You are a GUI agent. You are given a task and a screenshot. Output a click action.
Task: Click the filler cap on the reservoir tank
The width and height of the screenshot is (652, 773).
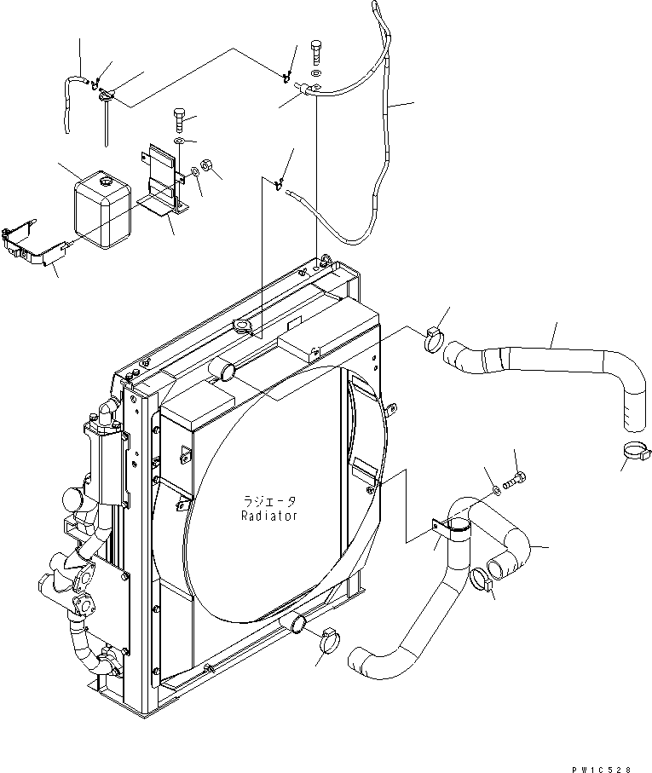pos(106,182)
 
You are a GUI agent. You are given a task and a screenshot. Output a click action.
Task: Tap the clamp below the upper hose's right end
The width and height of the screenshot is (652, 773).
pos(631,453)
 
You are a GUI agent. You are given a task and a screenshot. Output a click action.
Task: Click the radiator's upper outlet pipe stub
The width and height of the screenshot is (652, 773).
pos(223,372)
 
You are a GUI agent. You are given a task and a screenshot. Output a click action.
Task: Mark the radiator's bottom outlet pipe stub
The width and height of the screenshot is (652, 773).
pos(297,625)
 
